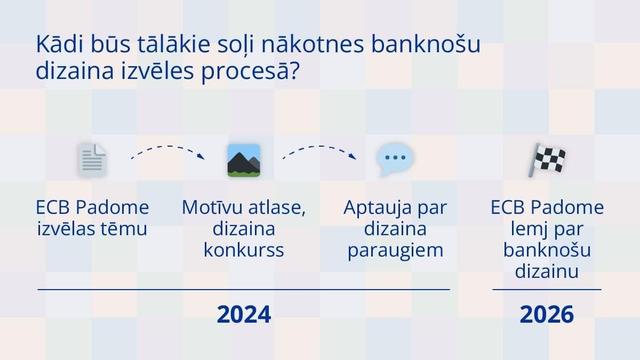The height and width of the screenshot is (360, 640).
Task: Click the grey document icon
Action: (92, 160)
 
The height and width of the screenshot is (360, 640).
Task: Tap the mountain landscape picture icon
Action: (244, 160)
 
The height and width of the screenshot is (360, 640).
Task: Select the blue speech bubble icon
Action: (395, 159)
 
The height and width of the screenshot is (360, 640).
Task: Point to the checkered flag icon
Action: (547, 160)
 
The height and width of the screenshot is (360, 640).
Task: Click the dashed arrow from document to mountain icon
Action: (167, 147)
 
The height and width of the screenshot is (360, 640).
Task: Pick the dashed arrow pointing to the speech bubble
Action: (319, 147)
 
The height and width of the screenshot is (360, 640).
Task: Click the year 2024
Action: (244, 315)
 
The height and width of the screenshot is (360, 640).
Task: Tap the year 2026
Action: (547, 315)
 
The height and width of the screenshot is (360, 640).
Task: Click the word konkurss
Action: (244, 250)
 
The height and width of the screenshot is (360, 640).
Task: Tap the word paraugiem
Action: (395, 251)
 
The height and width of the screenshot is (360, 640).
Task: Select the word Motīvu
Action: (211, 207)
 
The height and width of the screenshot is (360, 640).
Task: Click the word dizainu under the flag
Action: (547, 271)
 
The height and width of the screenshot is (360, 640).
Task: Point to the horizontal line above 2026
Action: (547, 289)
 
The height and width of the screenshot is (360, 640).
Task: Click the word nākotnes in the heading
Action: (313, 44)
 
